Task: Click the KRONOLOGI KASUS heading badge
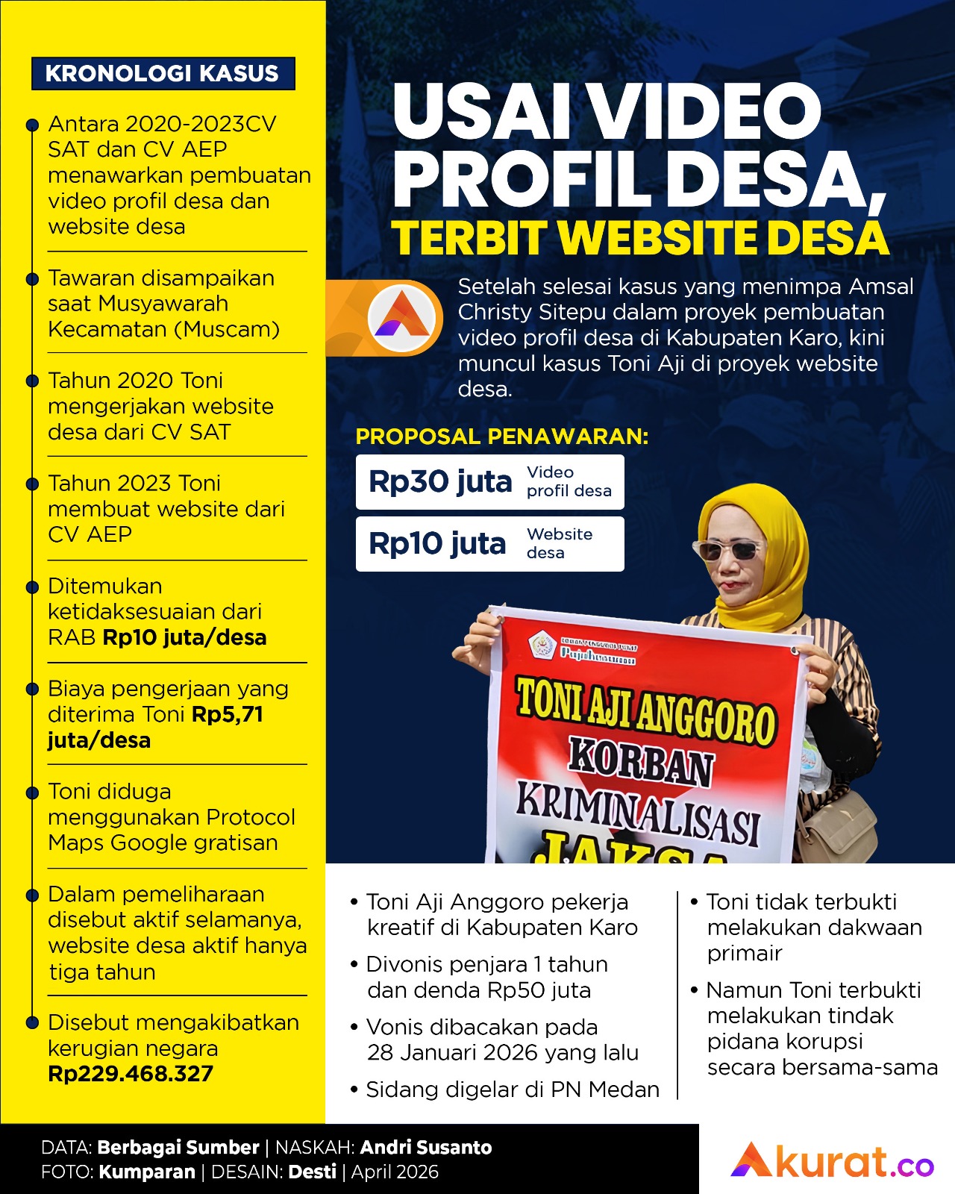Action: click(163, 73)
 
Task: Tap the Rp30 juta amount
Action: click(440, 482)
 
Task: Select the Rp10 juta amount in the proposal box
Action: click(437, 544)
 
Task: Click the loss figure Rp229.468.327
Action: click(131, 1074)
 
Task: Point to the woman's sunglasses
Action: click(730, 551)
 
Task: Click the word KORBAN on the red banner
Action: click(640, 762)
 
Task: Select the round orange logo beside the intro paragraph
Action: click(402, 317)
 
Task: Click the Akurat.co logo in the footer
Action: click(832, 1160)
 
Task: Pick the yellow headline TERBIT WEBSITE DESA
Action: click(640, 239)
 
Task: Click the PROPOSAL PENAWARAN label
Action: click(501, 437)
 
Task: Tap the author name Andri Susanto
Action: click(426, 1147)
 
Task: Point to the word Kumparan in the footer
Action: click(147, 1172)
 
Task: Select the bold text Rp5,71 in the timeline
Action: click(228, 715)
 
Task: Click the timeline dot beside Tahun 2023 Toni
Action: click(32, 484)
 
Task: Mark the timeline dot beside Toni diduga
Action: click(32, 792)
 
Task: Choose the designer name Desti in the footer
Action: click(312, 1172)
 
